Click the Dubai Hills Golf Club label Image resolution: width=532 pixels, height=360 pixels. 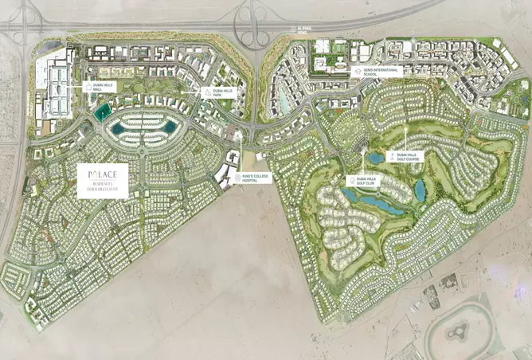point(369,182)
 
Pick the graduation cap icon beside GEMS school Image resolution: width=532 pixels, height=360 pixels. point(357,70)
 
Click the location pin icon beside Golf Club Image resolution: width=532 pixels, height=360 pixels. point(351,182)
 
